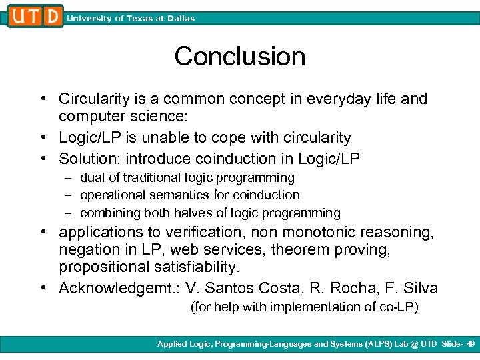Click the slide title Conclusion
tap(240, 57)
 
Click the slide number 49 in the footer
tap(470, 344)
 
